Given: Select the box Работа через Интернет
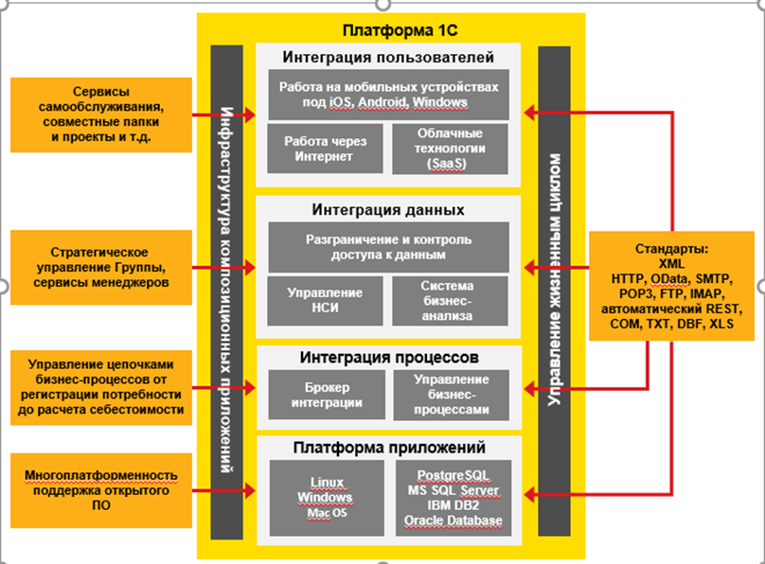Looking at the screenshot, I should [x=324, y=149].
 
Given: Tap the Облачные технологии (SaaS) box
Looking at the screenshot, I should [x=450, y=149].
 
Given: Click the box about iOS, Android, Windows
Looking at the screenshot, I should [x=388, y=94].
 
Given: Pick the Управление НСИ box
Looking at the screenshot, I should [x=324, y=300].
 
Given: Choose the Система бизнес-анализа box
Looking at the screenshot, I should [x=450, y=300].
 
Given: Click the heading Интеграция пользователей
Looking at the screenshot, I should [x=389, y=57].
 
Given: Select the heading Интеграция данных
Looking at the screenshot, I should [x=389, y=208].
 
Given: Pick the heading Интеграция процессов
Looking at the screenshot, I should [x=389, y=358].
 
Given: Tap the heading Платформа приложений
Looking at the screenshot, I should [x=389, y=448].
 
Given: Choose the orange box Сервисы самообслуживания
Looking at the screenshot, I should [x=100, y=115].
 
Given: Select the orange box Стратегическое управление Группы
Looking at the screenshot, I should [x=100, y=267].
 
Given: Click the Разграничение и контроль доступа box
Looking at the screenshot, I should [x=388, y=247].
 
